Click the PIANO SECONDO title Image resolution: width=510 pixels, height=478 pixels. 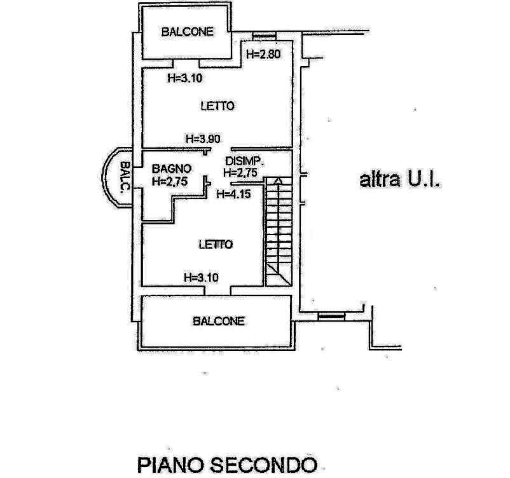coord(227,465)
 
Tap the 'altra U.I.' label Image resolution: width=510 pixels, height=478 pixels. coord(400,179)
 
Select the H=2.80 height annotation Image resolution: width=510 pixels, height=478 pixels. coord(263,54)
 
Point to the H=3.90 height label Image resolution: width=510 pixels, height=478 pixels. coord(203,139)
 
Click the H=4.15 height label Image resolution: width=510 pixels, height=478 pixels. coord(233,194)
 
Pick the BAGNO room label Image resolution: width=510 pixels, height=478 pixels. coord(172,168)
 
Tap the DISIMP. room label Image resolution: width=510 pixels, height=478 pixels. coord(244,161)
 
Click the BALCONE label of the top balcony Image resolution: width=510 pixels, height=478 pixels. coord(188,32)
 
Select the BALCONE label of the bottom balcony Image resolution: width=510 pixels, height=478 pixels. coord(219,321)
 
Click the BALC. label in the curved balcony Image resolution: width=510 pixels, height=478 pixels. coord(125,177)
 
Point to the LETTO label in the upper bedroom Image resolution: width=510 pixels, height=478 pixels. coord(217,106)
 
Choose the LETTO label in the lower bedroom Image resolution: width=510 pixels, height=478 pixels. coord(216,245)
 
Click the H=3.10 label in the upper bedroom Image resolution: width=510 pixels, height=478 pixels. coord(185,78)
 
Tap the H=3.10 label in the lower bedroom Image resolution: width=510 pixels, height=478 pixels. coord(201,278)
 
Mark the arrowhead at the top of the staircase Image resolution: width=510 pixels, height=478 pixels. coord(278,181)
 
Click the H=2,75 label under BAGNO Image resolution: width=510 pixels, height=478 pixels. coord(170,181)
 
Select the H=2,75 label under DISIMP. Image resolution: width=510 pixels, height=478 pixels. coord(240,172)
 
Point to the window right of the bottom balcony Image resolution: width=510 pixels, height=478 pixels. coord(331,316)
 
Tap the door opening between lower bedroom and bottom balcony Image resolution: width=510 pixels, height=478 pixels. coord(217,290)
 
